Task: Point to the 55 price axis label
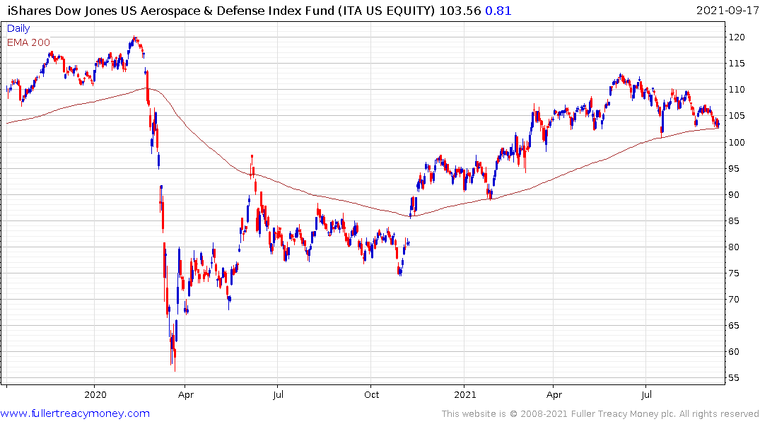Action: [x=736, y=378]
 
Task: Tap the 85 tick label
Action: [x=736, y=220]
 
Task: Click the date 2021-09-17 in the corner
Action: [x=726, y=11]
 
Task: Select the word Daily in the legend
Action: [x=18, y=28]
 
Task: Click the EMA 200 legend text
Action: [x=28, y=42]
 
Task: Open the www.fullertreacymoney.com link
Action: [x=75, y=413]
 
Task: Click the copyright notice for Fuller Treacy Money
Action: [x=600, y=413]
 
